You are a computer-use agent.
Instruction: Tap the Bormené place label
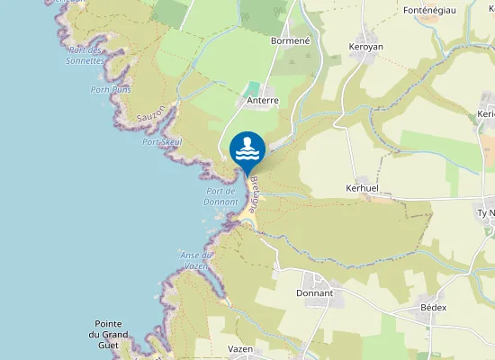pyautogui.click(x=290, y=40)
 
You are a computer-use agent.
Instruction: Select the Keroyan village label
pyautogui.click(x=366, y=45)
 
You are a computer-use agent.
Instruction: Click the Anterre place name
pyautogui.click(x=263, y=102)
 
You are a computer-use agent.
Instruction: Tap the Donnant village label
pyautogui.click(x=314, y=293)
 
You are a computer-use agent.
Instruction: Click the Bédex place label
pyautogui.click(x=434, y=307)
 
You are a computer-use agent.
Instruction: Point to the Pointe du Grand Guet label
pyautogui.click(x=114, y=335)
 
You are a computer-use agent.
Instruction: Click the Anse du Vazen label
pyautogui.click(x=196, y=259)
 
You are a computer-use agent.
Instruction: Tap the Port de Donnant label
pyautogui.click(x=220, y=196)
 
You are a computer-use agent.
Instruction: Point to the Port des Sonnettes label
pyautogui.click(x=85, y=55)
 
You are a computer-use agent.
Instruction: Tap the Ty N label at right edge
pyautogui.click(x=486, y=213)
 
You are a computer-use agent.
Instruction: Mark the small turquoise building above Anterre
pyautogui.click(x=253, y=88)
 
